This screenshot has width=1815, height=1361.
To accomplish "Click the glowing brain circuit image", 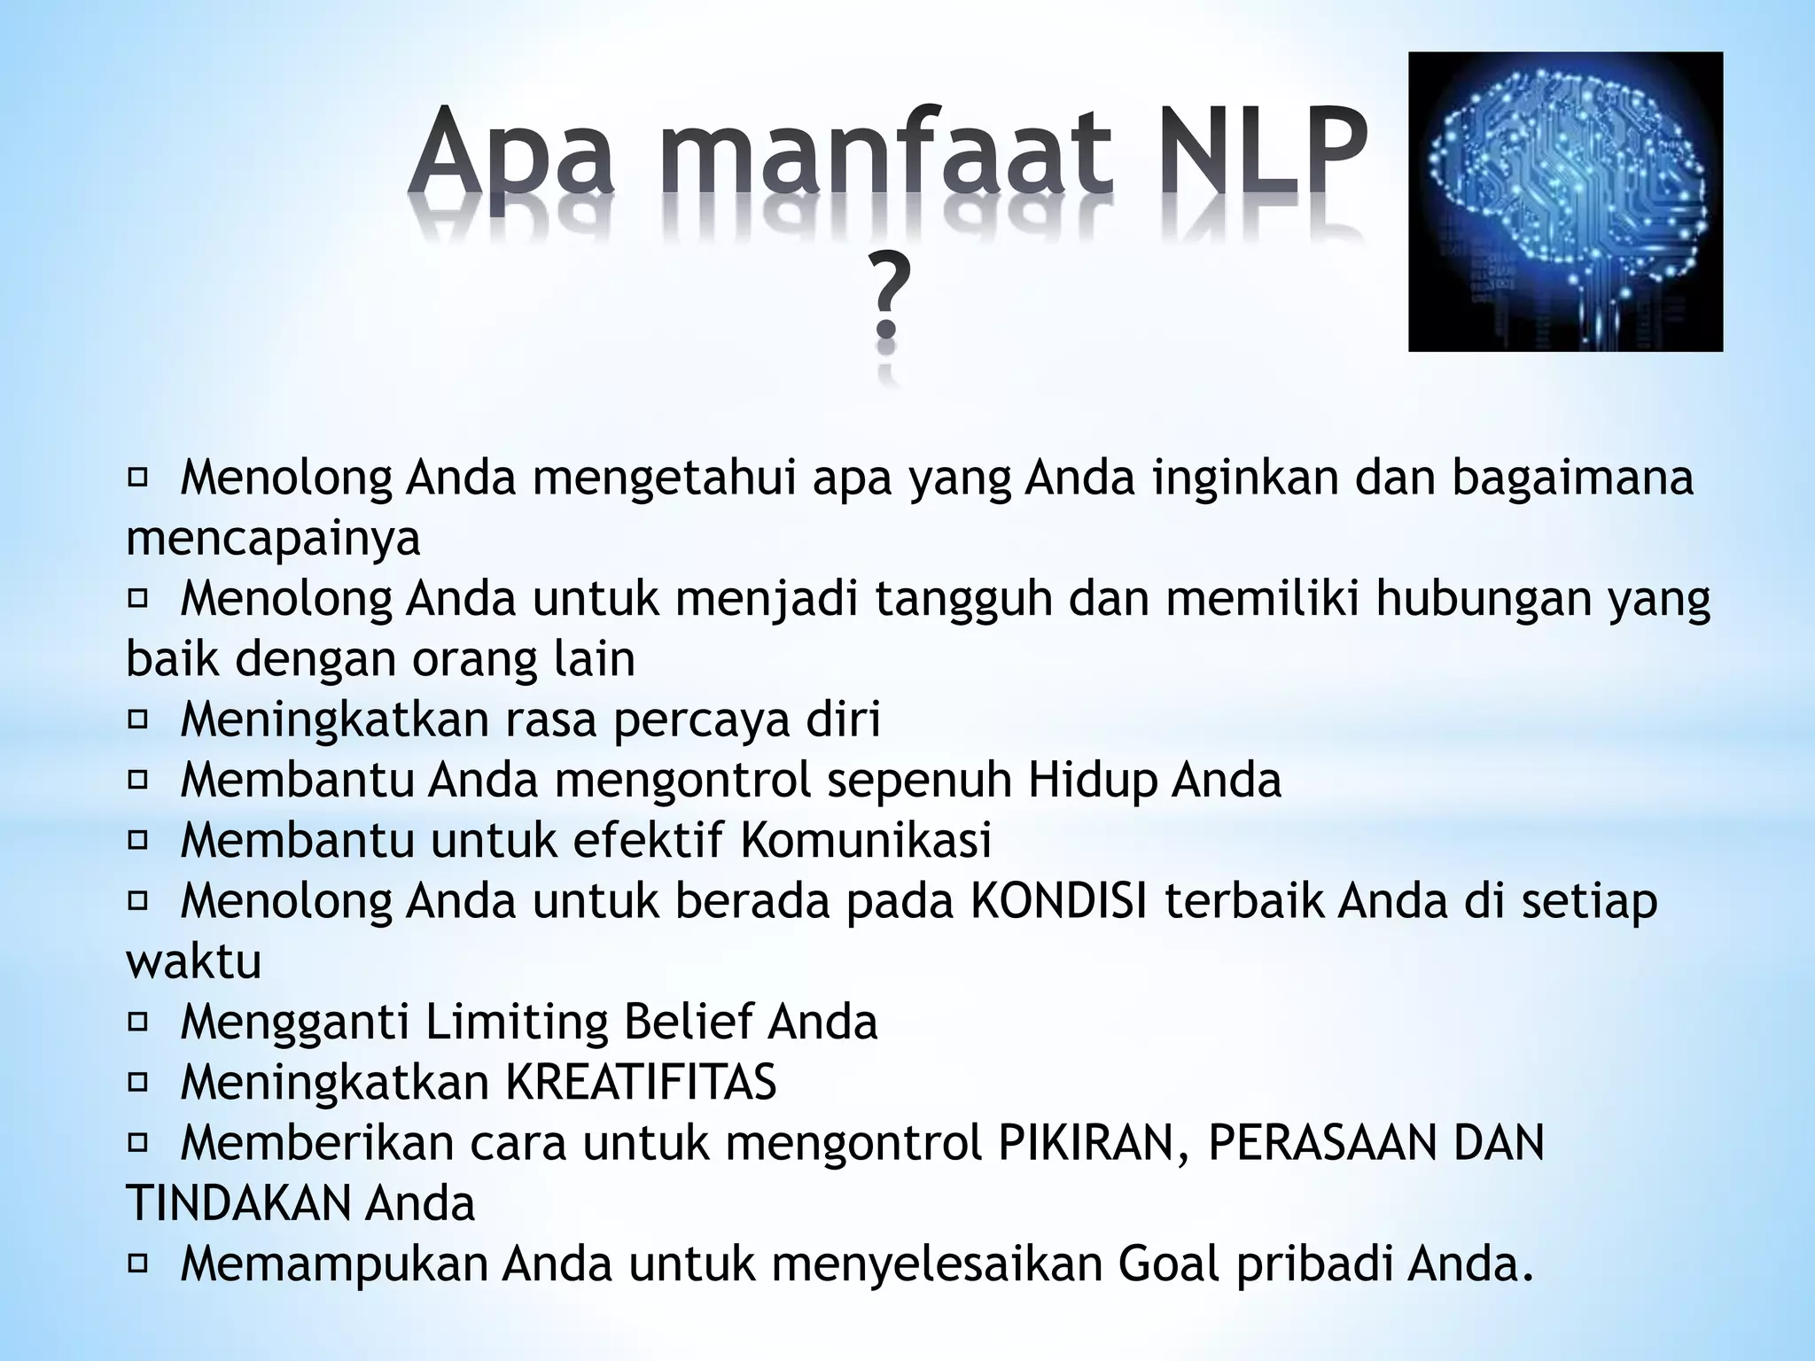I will pyautogui.click(x=1565, y=202).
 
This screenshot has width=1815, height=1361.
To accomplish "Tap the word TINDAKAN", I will pyautogui.click(x=239, y=1203).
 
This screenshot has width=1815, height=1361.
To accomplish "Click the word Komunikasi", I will pyautogui.click(x=865, y=840).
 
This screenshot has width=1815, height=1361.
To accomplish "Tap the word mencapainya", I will pyautogui.click(x=273, y=538).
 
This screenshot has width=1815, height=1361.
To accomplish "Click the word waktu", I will pyautogui.click(x=194, y=961).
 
